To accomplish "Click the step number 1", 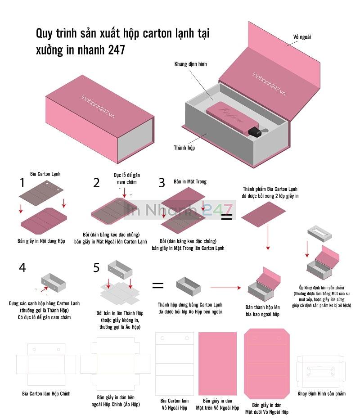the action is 22,183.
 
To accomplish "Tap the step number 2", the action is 96,183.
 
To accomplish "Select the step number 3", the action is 162,183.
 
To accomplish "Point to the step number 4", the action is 22,267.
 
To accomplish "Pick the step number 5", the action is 96,267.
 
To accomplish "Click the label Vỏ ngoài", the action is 302,37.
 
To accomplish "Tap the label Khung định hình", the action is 190,64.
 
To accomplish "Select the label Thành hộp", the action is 184,148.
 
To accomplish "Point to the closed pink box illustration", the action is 100,119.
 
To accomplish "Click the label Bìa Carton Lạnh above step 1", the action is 45,174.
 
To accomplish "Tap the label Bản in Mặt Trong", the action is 190,181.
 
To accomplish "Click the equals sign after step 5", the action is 158,285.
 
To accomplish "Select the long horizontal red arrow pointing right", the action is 225,288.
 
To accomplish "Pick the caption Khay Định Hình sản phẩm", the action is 321,393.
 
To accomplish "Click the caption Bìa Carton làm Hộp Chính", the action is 46,393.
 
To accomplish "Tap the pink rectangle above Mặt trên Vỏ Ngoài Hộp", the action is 217,364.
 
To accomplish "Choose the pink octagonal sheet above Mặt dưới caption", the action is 267,363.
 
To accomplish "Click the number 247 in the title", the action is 117,50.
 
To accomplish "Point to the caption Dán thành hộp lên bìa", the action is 262,311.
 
